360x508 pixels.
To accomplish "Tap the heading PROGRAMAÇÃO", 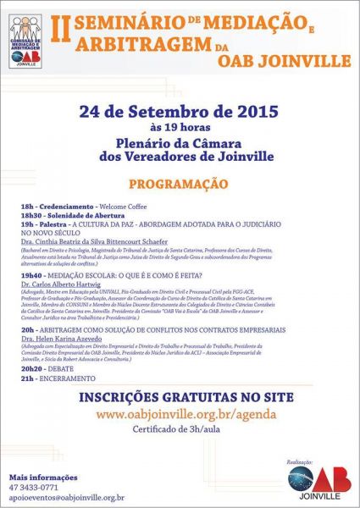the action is [x=178, y=184].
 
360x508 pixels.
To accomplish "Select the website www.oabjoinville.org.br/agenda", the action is [x=180, y=414].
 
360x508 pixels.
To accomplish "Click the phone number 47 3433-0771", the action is [x=35, y=487].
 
